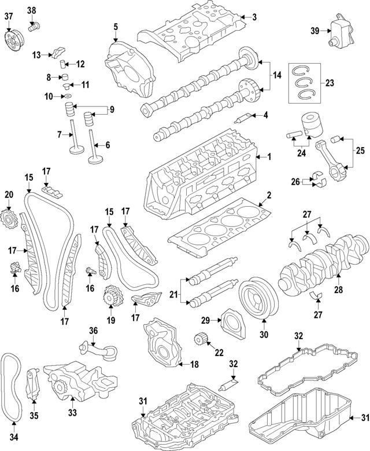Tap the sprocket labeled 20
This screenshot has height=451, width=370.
[9, 219]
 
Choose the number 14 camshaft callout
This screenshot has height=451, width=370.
[276, 75]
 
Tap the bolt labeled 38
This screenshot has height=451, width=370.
[35, 24]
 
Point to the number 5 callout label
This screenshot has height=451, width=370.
[115, 27]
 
